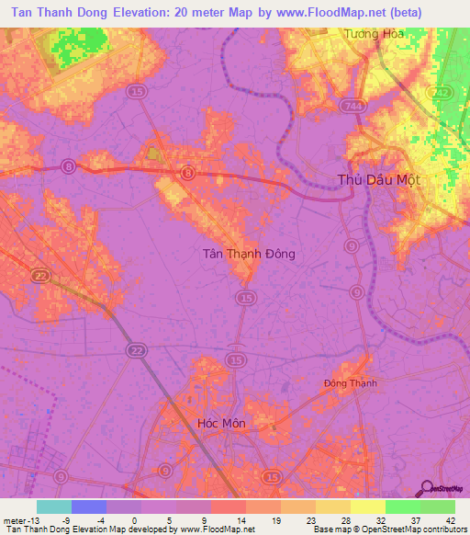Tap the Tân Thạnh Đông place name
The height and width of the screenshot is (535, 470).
coord(248,253)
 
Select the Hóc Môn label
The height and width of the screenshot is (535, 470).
coord(221,423)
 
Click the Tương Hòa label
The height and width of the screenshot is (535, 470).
coord(374,33)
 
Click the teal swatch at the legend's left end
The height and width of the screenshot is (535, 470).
coord(54,506)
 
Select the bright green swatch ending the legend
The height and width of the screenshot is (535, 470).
coord(437,506)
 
